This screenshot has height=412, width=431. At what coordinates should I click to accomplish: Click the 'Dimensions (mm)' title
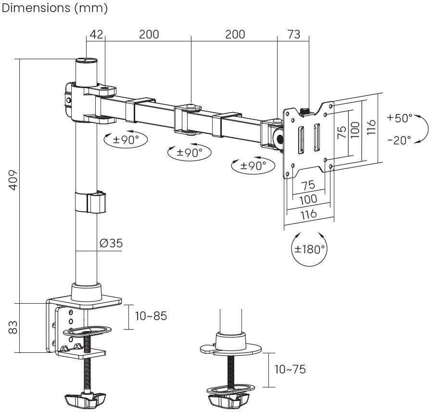(x=55, y=8)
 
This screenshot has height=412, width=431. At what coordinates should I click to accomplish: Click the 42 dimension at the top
(x=96, y=35)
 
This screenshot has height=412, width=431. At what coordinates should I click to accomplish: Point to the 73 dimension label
(x=293, y=35)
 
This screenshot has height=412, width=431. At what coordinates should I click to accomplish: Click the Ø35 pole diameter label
(x=111, y=244)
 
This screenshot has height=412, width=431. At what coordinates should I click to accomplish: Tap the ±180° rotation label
(x=310, y=249)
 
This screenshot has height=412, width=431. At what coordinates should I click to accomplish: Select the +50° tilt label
(x=400, y=118)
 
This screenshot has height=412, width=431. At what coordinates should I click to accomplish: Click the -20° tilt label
(x=399, y=140)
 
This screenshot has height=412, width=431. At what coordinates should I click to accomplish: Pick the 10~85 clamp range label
(x=151, y=316)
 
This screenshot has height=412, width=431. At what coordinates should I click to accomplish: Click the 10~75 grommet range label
(x=290, y=370)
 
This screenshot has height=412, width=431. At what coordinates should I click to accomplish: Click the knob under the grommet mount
(x=228, y=400)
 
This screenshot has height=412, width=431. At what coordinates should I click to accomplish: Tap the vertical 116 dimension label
(x=371, y=128)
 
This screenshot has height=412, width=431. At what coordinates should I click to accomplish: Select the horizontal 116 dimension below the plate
(x=308, y=213)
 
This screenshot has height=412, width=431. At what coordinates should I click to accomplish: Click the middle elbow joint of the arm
(x=191, y=108)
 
